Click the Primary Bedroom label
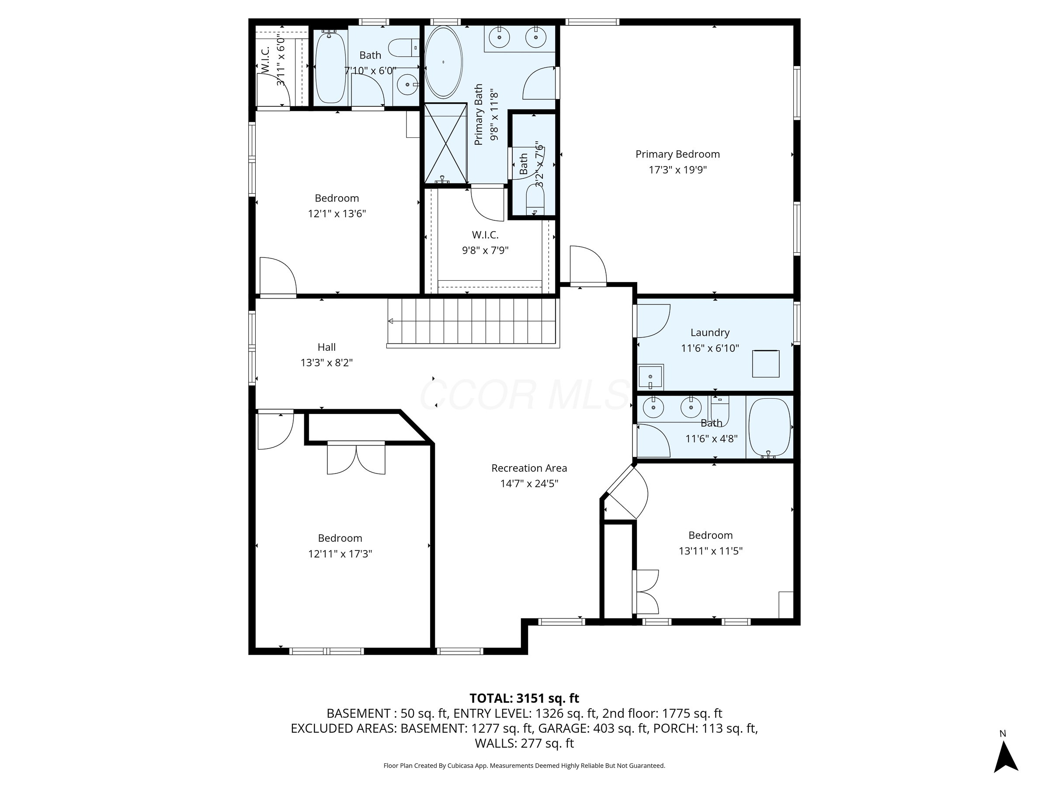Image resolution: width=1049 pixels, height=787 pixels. click(x=677, y=154)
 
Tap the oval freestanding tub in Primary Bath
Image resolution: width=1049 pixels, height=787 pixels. click(x=443, y=62)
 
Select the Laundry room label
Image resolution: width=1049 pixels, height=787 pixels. click(x=709, y=333)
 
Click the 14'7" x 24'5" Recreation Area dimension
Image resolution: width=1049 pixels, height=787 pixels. click(x=529, y=484)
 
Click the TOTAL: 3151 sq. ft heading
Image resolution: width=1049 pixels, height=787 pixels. click(x=524, y=698)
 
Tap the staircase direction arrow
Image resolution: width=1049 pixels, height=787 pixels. click(x=391, y=321)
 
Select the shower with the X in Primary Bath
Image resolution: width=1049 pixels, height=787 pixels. click(x=445, y=143)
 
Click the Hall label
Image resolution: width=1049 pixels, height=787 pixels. click(x=326, y=347)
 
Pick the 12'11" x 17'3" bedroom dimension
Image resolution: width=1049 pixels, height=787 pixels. click(x=340, y=554)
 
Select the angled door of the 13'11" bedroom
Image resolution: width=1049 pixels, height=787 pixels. click(x=627, y=493)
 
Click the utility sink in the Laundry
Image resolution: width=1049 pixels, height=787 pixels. click(x=651, y=377)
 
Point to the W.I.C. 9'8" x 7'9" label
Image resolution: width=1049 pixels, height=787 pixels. click(x=485, y=235)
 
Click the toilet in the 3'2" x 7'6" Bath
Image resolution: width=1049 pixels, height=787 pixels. click(x=535, y=199)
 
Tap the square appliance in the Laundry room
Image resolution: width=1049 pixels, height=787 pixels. click(x=765, y=364)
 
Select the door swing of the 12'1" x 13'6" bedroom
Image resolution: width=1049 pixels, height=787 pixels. click(x=278, y=277)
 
